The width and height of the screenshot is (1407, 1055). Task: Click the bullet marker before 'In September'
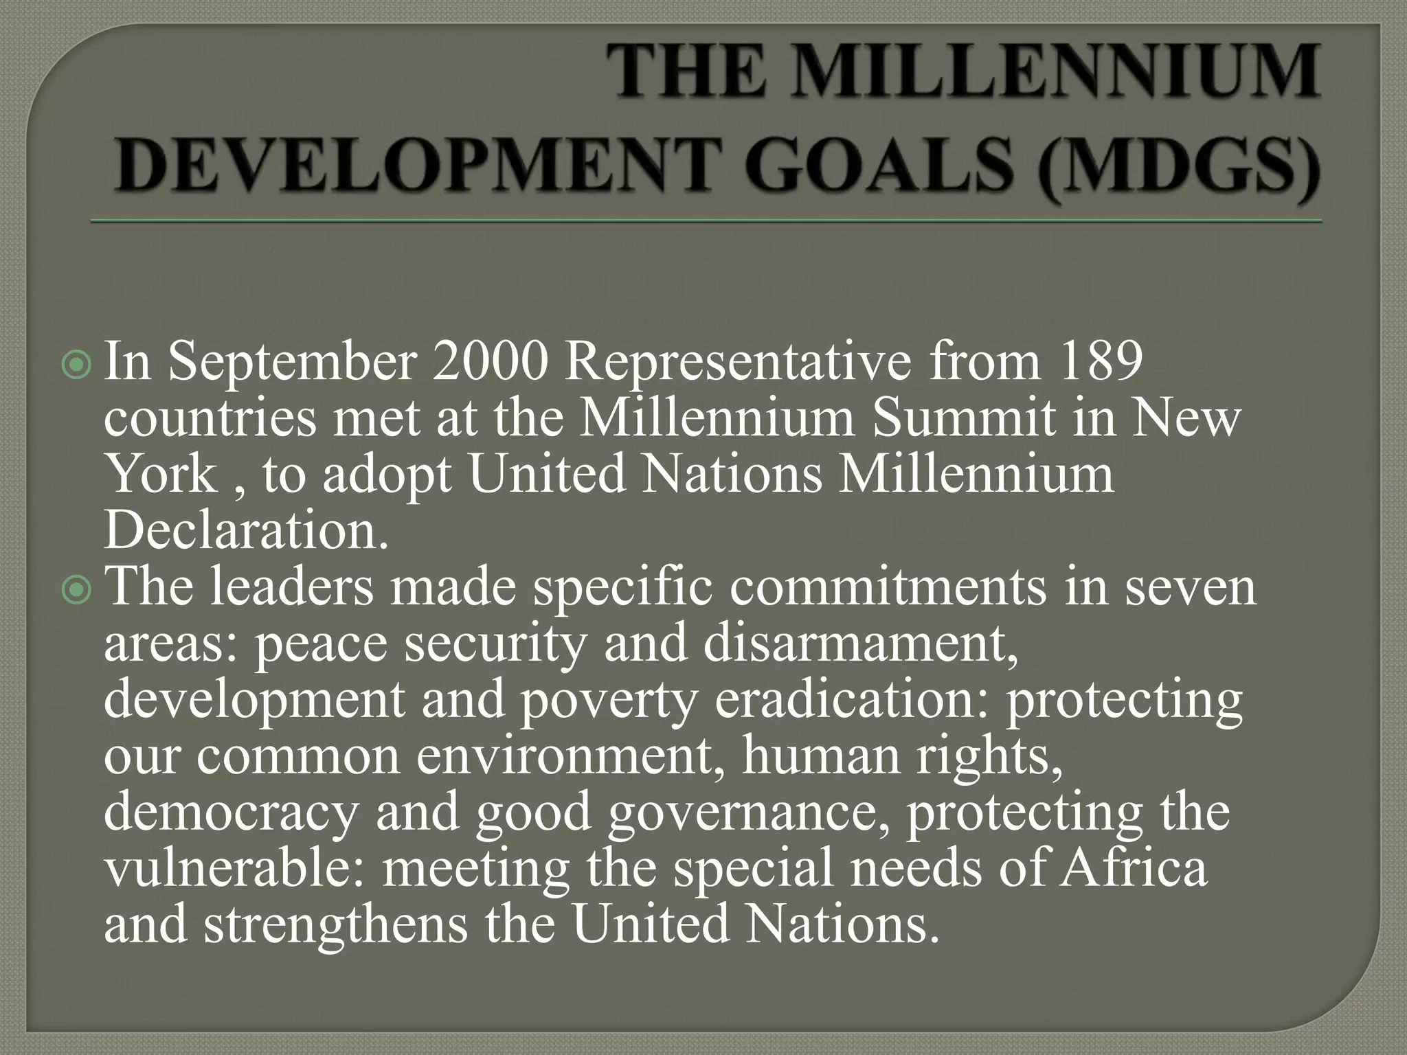click(x=76, y=367)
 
